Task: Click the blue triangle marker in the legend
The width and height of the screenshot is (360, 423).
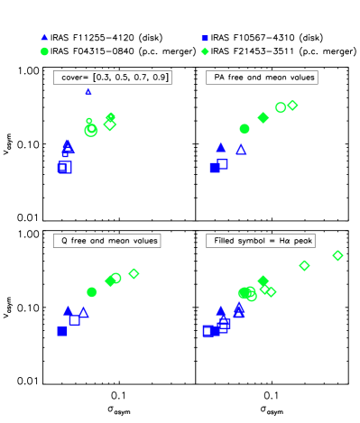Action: pyautogui.click(x=44, y=38)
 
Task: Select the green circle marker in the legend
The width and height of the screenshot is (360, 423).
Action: pyautogui.click(x=44, y=51)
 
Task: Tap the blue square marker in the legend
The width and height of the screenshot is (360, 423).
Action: pyautogui.click(x=205, y=38)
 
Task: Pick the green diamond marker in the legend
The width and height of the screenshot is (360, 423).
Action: pyautogui.click(x=205, y=51)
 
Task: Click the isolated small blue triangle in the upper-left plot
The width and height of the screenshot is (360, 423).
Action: pyautogui.click(x=88, y=91)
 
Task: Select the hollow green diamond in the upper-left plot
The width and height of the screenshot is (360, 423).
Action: pyautogui.click(x=110, y=125)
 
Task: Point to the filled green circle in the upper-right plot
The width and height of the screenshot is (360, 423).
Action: pyautogui.click(x=245, y=129)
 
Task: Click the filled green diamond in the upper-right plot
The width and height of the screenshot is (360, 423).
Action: pyautogui.click(x=263, y=117)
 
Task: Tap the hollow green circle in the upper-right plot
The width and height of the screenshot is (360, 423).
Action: pyautogui.click(x=281, y=107)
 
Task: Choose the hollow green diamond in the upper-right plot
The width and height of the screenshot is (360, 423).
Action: pyautogui.click(x=292, y=106)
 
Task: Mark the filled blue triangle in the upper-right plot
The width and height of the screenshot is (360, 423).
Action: pyautogui.click(x=221, y=147)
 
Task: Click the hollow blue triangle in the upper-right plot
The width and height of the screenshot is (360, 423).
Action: pyautogui.click(x=241, y=149)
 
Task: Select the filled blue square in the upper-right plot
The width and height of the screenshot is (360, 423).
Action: pyautogui.click(x=215, y=168)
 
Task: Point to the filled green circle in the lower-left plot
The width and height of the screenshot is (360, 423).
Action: pyautogui.click(x=92, y=292)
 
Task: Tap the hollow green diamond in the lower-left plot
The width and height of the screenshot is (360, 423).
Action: pyautogui.click(x=134, y=273)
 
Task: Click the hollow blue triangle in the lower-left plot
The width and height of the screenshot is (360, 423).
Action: pyautogui.click(x=84, y=312)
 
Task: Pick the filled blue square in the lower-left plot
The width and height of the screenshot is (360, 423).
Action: pyautogui.click(x=62, y=332)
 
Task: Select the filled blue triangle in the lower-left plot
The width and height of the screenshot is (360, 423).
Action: pyautogui.click(x=69, y=310)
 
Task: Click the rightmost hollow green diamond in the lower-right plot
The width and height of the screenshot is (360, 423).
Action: pyautogui.click(x=337, y=255)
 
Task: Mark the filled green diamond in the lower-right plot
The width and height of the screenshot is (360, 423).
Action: pyautogui.click(x=263, y=281)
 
